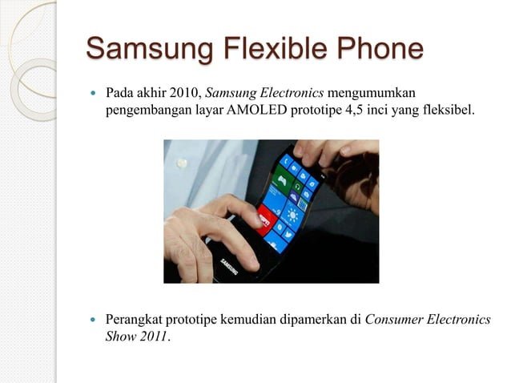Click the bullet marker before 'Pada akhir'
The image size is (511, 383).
click(94, 95)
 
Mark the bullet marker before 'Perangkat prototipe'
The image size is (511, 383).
click(94, 320)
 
